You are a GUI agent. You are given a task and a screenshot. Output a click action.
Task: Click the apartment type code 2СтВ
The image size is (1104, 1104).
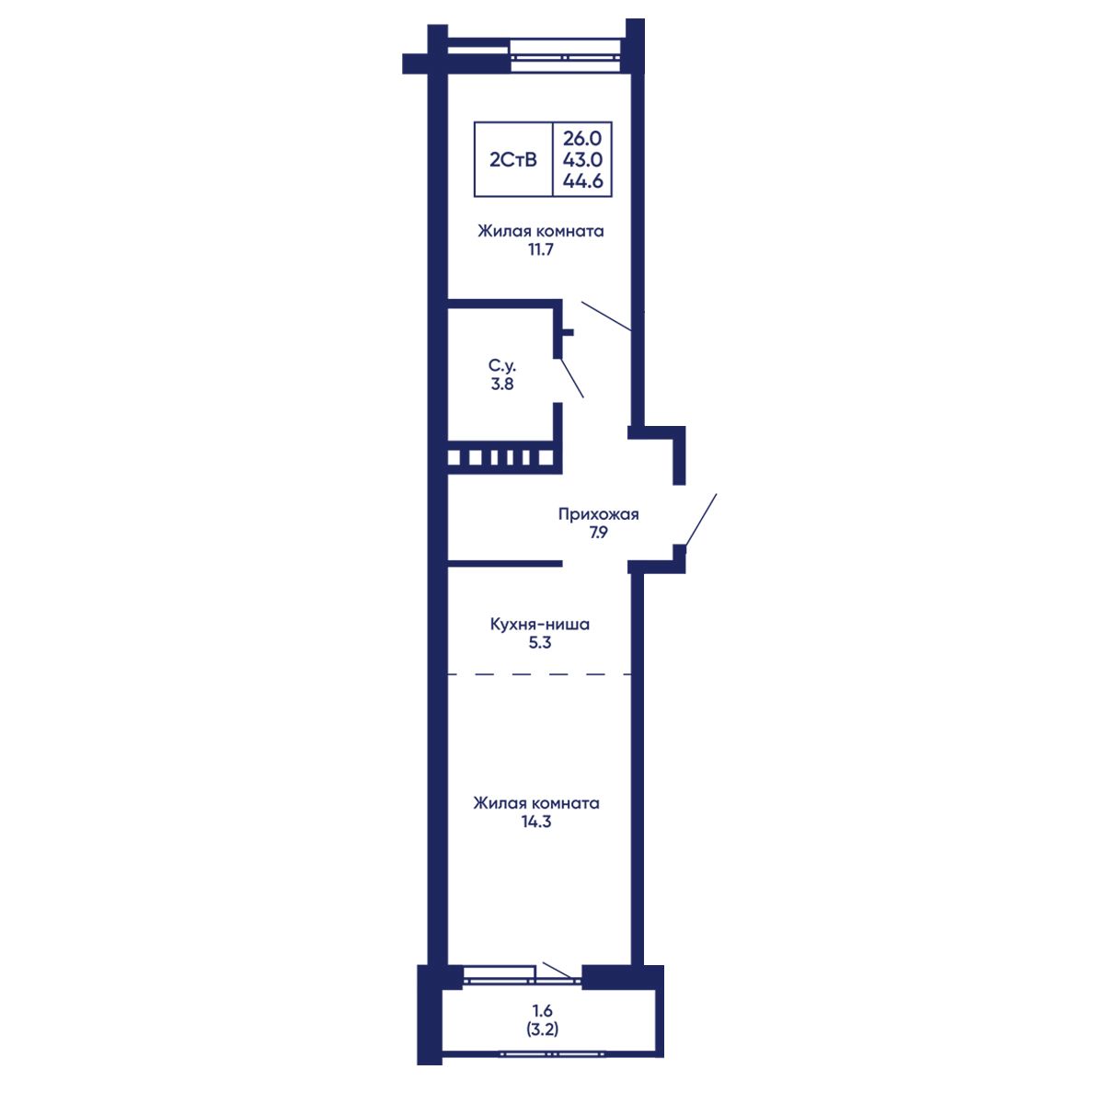point(512,160)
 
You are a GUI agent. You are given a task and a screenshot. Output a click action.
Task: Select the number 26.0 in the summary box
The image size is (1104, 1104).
point(582,139)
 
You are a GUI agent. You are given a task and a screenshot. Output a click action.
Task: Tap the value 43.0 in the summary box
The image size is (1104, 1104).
point(582,160)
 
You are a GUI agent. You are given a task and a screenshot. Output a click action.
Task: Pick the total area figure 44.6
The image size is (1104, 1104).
point(582,181)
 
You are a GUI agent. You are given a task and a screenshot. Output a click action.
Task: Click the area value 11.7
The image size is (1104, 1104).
point(540,250)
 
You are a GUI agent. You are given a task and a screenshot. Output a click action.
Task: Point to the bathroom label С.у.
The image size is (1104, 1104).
point(502,365)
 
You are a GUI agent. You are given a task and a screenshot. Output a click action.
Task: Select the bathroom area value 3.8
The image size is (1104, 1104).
point(502,384)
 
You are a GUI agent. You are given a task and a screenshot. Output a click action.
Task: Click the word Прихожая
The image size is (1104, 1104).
point(598,514)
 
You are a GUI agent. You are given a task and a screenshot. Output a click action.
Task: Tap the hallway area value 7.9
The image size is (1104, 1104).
point(598,533)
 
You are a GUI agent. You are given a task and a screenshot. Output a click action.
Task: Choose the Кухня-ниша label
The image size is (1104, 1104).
point(540,624)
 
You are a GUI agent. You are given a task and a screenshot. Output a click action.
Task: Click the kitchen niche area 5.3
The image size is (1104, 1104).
point(540,643)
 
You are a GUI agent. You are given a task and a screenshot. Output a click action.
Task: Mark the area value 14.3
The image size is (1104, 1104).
point(536,822)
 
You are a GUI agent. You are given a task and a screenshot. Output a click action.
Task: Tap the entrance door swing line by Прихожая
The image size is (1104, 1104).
point(700,519)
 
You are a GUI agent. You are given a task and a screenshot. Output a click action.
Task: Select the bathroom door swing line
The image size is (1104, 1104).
point(571,378)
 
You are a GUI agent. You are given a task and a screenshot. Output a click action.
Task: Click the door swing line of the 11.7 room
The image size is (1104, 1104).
point(606,316)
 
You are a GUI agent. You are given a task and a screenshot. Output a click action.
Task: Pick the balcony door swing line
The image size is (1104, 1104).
point(558,971)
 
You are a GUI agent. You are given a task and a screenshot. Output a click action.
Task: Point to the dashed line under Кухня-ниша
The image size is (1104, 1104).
point(539,674)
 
